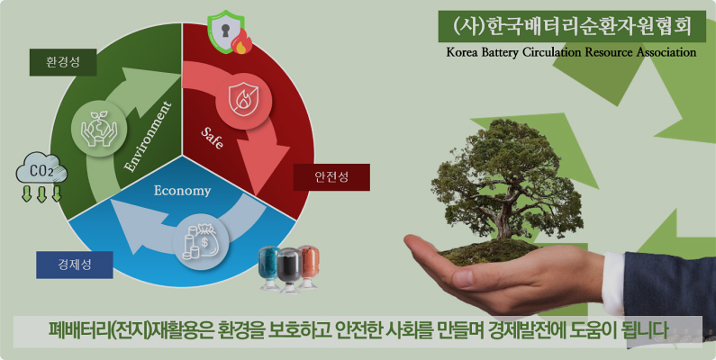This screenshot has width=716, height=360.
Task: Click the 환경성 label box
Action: click(62, 62)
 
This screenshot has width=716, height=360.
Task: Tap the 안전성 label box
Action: click(331, 177)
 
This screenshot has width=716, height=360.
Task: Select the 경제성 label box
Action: click(75, 265)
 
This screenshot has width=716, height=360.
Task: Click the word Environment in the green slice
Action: click(149, 137)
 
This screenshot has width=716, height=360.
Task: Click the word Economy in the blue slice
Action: click(182, 191)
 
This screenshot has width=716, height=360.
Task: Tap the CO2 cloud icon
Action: click(41, 176)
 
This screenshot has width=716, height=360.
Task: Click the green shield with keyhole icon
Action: click(229, 31)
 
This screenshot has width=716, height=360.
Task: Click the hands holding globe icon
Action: click(99, 128)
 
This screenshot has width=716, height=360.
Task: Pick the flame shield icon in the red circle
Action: click(243, 101)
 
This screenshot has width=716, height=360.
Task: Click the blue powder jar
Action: click(269, 268)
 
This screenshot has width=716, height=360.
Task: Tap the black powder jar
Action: click(290, 270)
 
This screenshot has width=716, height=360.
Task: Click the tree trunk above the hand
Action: click(505, 221)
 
